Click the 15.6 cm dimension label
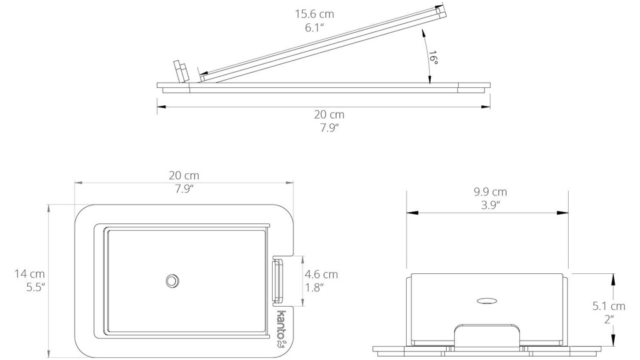pos(315,14)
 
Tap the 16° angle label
pos(433,59)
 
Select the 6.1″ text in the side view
pos(315,28)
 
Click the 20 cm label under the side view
pos(329,114)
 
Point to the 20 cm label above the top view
pos(184,175)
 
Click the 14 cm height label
pos(30,273)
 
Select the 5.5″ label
pos(35,287)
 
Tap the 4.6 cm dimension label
pos(321,274)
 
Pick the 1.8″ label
pos(315,288)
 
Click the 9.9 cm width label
pos(490,191)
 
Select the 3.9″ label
pos(490,205)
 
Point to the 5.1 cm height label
pos(609,306)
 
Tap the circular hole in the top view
pos(173,281)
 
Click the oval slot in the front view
pos(487,301)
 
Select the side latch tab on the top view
pos(278,281)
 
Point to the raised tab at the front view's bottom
pos(487,335)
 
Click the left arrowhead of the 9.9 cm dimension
pos(412,213)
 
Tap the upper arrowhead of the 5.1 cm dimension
pos(613,279)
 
